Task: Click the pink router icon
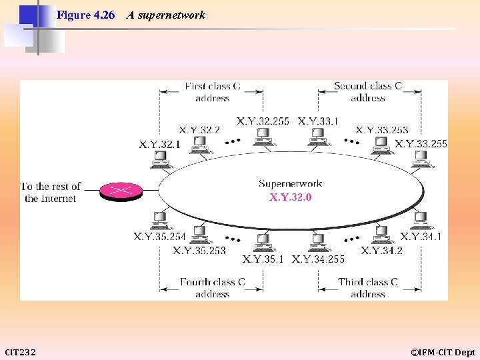[121, 191]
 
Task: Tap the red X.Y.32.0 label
[290, 197]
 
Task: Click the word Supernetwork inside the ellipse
[290, 183]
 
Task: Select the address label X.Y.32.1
[159, 144]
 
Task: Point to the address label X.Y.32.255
[263, 121]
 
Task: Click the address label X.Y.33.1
[318, 121]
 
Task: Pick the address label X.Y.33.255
[421, 143]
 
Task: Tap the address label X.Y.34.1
[421, 237]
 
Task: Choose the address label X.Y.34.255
[319, 259]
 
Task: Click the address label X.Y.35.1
[263, 259]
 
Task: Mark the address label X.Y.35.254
[159, 237]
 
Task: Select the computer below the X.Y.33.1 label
[317, 137]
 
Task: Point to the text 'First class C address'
[212, 92]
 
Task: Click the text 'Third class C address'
[368, 287]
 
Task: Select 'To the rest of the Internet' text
[51, 192]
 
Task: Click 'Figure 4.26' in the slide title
[86, 15]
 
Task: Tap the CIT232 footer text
[21, 352]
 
